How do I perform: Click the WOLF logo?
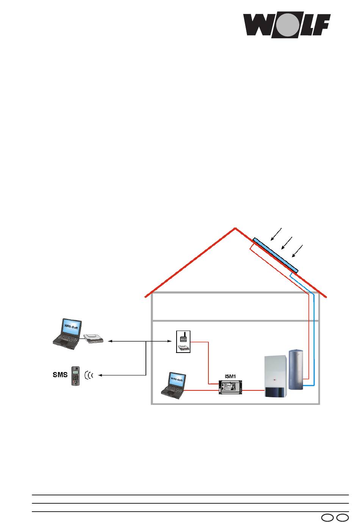point(286,26)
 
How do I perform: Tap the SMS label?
point(60,375)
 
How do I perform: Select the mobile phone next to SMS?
point(75,376)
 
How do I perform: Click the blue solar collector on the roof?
point(275,255)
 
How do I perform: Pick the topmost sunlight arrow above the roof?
point(277,234)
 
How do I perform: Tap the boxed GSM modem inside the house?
point(183,342)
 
